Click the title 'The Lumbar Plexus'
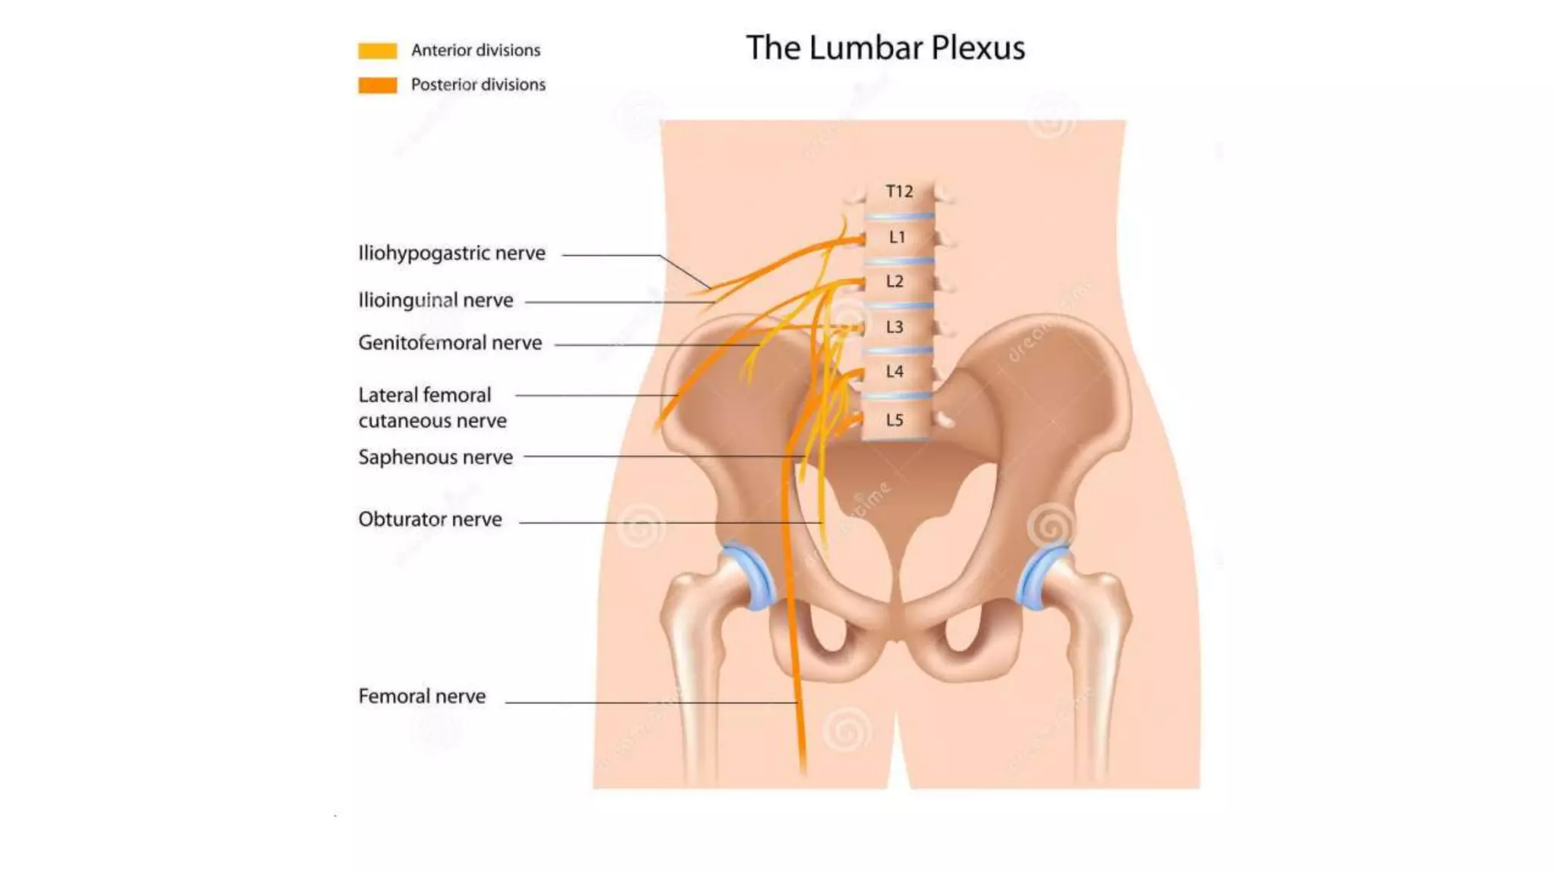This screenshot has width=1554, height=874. tap(885, 48)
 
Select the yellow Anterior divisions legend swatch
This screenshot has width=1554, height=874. tap(377, 51)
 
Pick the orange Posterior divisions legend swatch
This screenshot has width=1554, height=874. tap(377, 85)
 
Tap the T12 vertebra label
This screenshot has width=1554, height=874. tap(899, 191)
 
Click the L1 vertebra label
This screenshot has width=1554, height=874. tap(897, 237)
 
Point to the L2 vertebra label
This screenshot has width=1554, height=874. tap(895, 281)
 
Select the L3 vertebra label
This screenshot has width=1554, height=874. tap(895, 327)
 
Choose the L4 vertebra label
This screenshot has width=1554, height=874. tap(895, 372)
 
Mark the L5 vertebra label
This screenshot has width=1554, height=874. tap(895, 420)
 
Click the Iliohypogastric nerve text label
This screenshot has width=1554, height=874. tap(451, 253)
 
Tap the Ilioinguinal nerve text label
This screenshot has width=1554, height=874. tap(436, 300)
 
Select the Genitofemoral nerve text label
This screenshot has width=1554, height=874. tap(450, 343)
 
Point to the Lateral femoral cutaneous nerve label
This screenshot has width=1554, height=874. tap(432, 407)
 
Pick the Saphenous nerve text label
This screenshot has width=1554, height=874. tap(436, 457)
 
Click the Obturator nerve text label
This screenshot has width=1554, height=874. tap(430, 520)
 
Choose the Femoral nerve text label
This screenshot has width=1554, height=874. tap(422, 696)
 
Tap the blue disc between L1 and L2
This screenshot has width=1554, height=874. tap(899, 261)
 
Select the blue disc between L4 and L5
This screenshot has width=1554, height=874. tap(897, 396)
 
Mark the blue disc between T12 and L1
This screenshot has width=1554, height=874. tap(899, 216)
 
